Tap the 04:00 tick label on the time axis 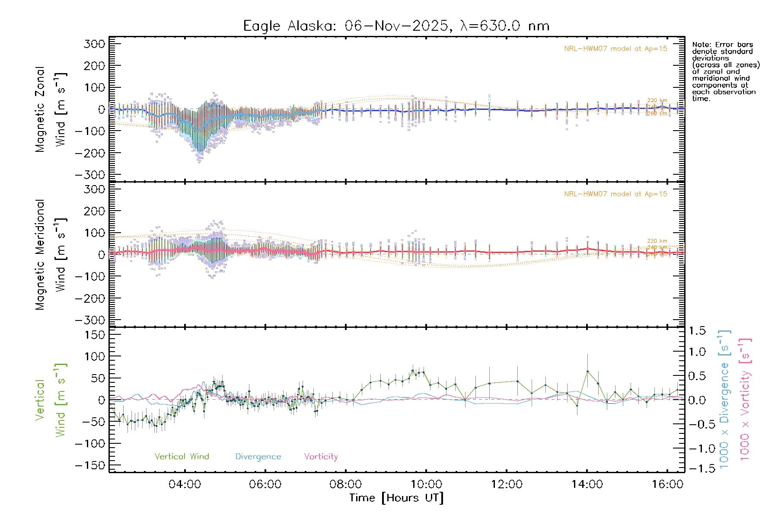pos(185,484)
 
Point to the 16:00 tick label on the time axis pos(667,484)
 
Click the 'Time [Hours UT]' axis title pos(396,498)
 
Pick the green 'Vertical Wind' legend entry pos(182,457)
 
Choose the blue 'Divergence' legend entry pos(258,457)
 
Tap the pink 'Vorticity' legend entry pos(321,457)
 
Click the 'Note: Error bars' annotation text pos(723,45)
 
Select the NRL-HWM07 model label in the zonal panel pos(615,49)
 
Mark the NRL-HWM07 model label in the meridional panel pos(615,194)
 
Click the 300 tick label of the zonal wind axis pos(94,44)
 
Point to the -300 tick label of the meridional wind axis pos(90,320)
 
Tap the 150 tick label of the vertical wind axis pos(94,335)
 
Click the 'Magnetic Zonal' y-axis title pos(40,109)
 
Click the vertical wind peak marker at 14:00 pos(587,371)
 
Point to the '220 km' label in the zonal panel pos(657,100)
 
